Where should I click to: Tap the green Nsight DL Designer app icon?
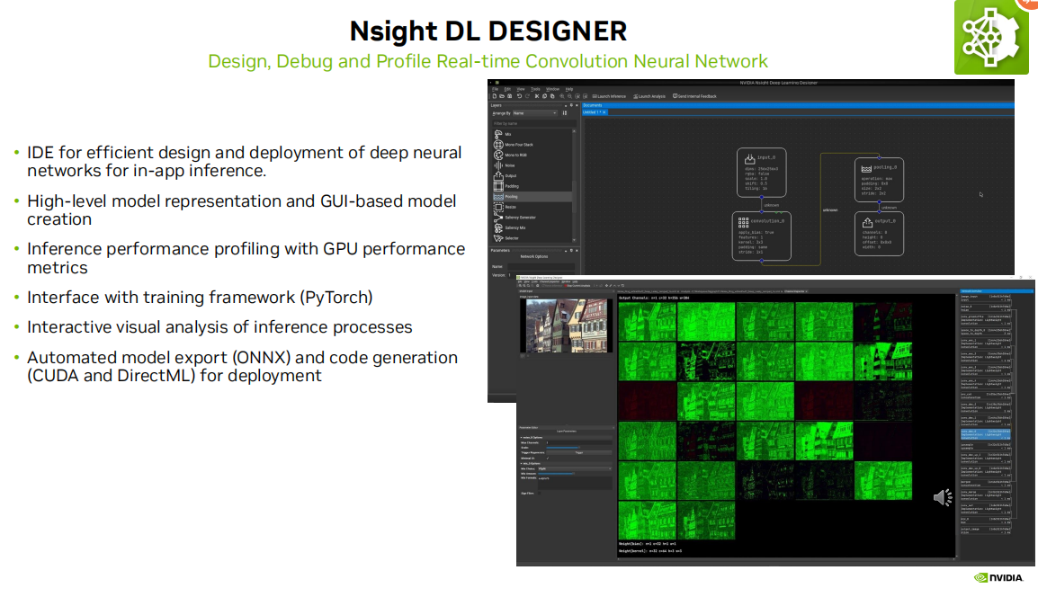[991, 38]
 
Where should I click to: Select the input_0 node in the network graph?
[760, 173]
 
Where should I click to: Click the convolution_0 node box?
[760, 236]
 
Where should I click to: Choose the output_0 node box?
[879, 234]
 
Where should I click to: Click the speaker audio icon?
[942, 497]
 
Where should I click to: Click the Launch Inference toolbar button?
[611, 96]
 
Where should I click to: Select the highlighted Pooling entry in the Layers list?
[513, 196]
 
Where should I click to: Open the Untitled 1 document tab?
[592, 112]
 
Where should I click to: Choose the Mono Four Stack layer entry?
[520, 144]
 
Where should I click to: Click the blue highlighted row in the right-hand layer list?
[986, 433]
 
